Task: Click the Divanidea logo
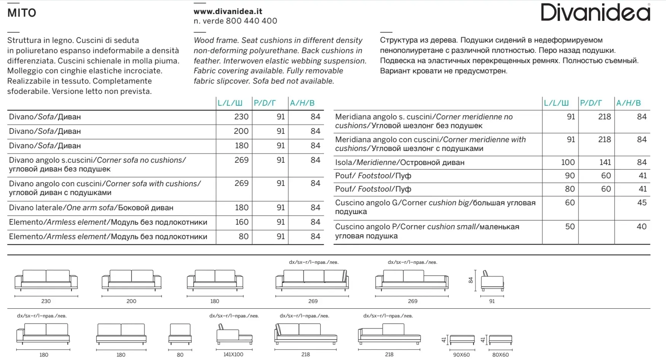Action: coord(595,12)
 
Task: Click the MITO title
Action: coord(22,13)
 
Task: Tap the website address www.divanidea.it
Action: coord(228,11)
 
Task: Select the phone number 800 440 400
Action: coord(251,21)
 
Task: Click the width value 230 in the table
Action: coord(241,117)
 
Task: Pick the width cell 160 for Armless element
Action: coord(242,222)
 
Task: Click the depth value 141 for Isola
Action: coord(605,163)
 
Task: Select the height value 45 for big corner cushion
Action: coord(642,203)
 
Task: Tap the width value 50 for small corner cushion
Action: coord(570,227)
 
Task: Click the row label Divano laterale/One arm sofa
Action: coord(91,208)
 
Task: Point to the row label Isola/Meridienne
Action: coord(399,163)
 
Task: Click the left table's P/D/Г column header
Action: coord(265,103)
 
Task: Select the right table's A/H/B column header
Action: coord(628,103)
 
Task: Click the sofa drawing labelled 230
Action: coord(46,281)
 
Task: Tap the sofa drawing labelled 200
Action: coord(131,281)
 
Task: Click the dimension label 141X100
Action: coord(233,354)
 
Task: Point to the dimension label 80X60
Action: coord(500,355)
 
